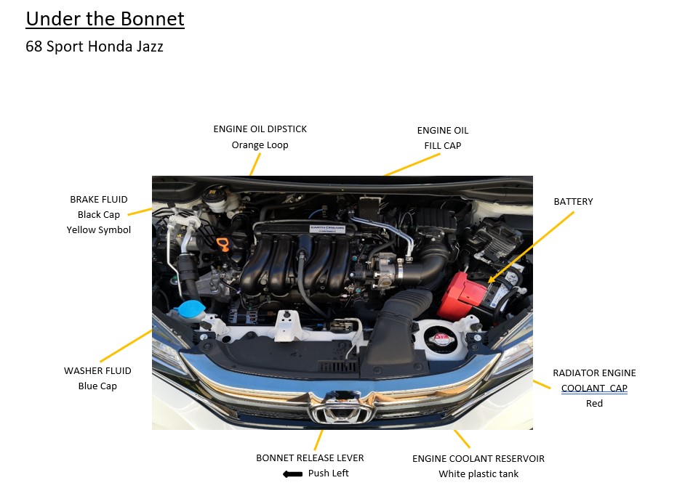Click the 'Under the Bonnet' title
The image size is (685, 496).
(105, 19)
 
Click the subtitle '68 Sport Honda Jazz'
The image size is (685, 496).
(95, 47)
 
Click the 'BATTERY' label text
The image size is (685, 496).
(573, 201)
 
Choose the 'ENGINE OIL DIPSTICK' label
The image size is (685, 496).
(260, 129)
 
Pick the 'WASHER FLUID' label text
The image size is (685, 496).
(97, 370)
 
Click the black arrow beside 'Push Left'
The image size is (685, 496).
(292, 474)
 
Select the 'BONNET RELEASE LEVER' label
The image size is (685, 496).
(310, 458)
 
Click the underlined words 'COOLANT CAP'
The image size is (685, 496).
(594, 388)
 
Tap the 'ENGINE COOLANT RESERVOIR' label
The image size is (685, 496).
(478, 459)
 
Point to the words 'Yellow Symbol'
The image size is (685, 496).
(99, 230)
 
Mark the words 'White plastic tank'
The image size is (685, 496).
(478, 474)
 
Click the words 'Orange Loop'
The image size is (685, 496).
(260, 145)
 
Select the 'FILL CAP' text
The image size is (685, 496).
(442, 145)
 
